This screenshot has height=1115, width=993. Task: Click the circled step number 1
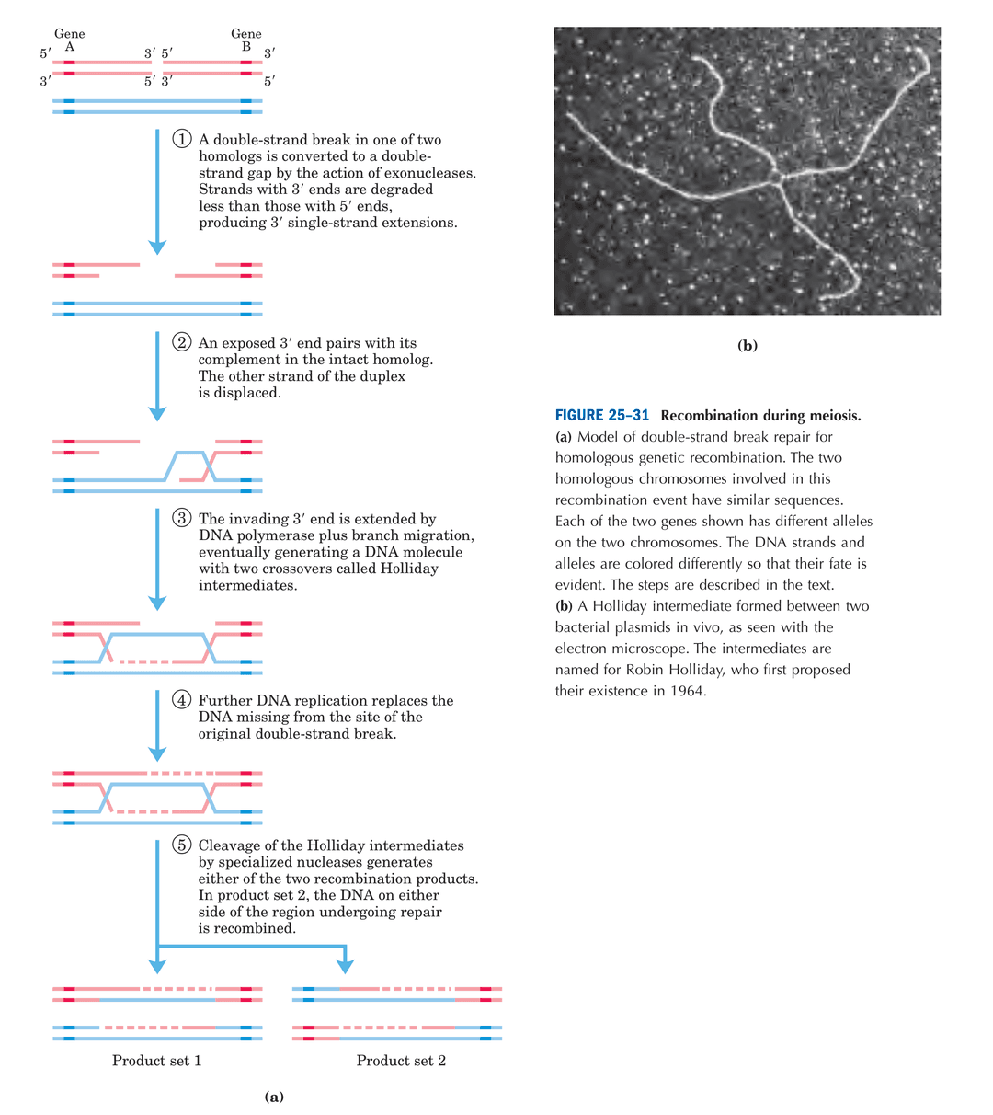(x=182, y=139)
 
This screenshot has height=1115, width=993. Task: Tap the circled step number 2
(x=181, y=341)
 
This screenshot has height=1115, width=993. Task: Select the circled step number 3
(x=181, y=518)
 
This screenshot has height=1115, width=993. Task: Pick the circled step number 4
(x=181, y=699)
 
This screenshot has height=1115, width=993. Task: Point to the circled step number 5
(x=181, y=845)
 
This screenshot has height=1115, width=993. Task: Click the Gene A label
(x=69, y=40)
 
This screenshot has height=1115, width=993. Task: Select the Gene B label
(x=245, y=40)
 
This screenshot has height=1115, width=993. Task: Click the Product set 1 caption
(x=157, y=1061)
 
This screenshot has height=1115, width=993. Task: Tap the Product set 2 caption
(x=401, y=1061)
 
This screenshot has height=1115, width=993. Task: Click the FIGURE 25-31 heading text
(x=602, y=415)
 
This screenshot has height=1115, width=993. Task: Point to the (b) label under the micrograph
(x=748, y=345)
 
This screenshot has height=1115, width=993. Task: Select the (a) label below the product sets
(x=274, y=1097)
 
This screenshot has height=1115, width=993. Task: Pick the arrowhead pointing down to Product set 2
(x=345, y=966)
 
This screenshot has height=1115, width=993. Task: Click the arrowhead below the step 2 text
(x=157, y=414)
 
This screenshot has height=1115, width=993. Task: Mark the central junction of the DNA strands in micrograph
(x=777, y=178)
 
